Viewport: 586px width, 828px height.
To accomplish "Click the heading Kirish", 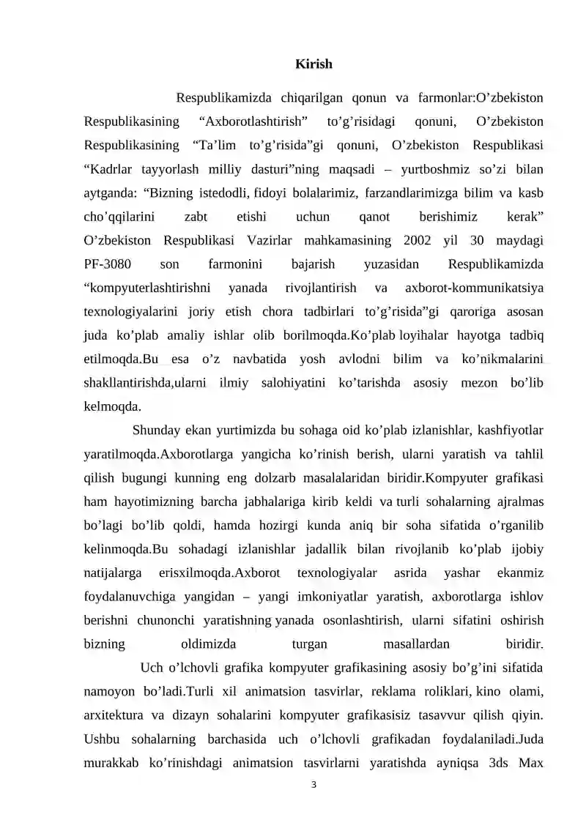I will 314,64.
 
